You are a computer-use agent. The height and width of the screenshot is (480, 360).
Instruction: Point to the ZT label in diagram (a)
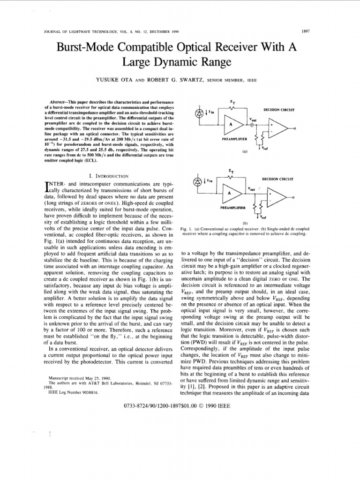coord(230,101)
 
